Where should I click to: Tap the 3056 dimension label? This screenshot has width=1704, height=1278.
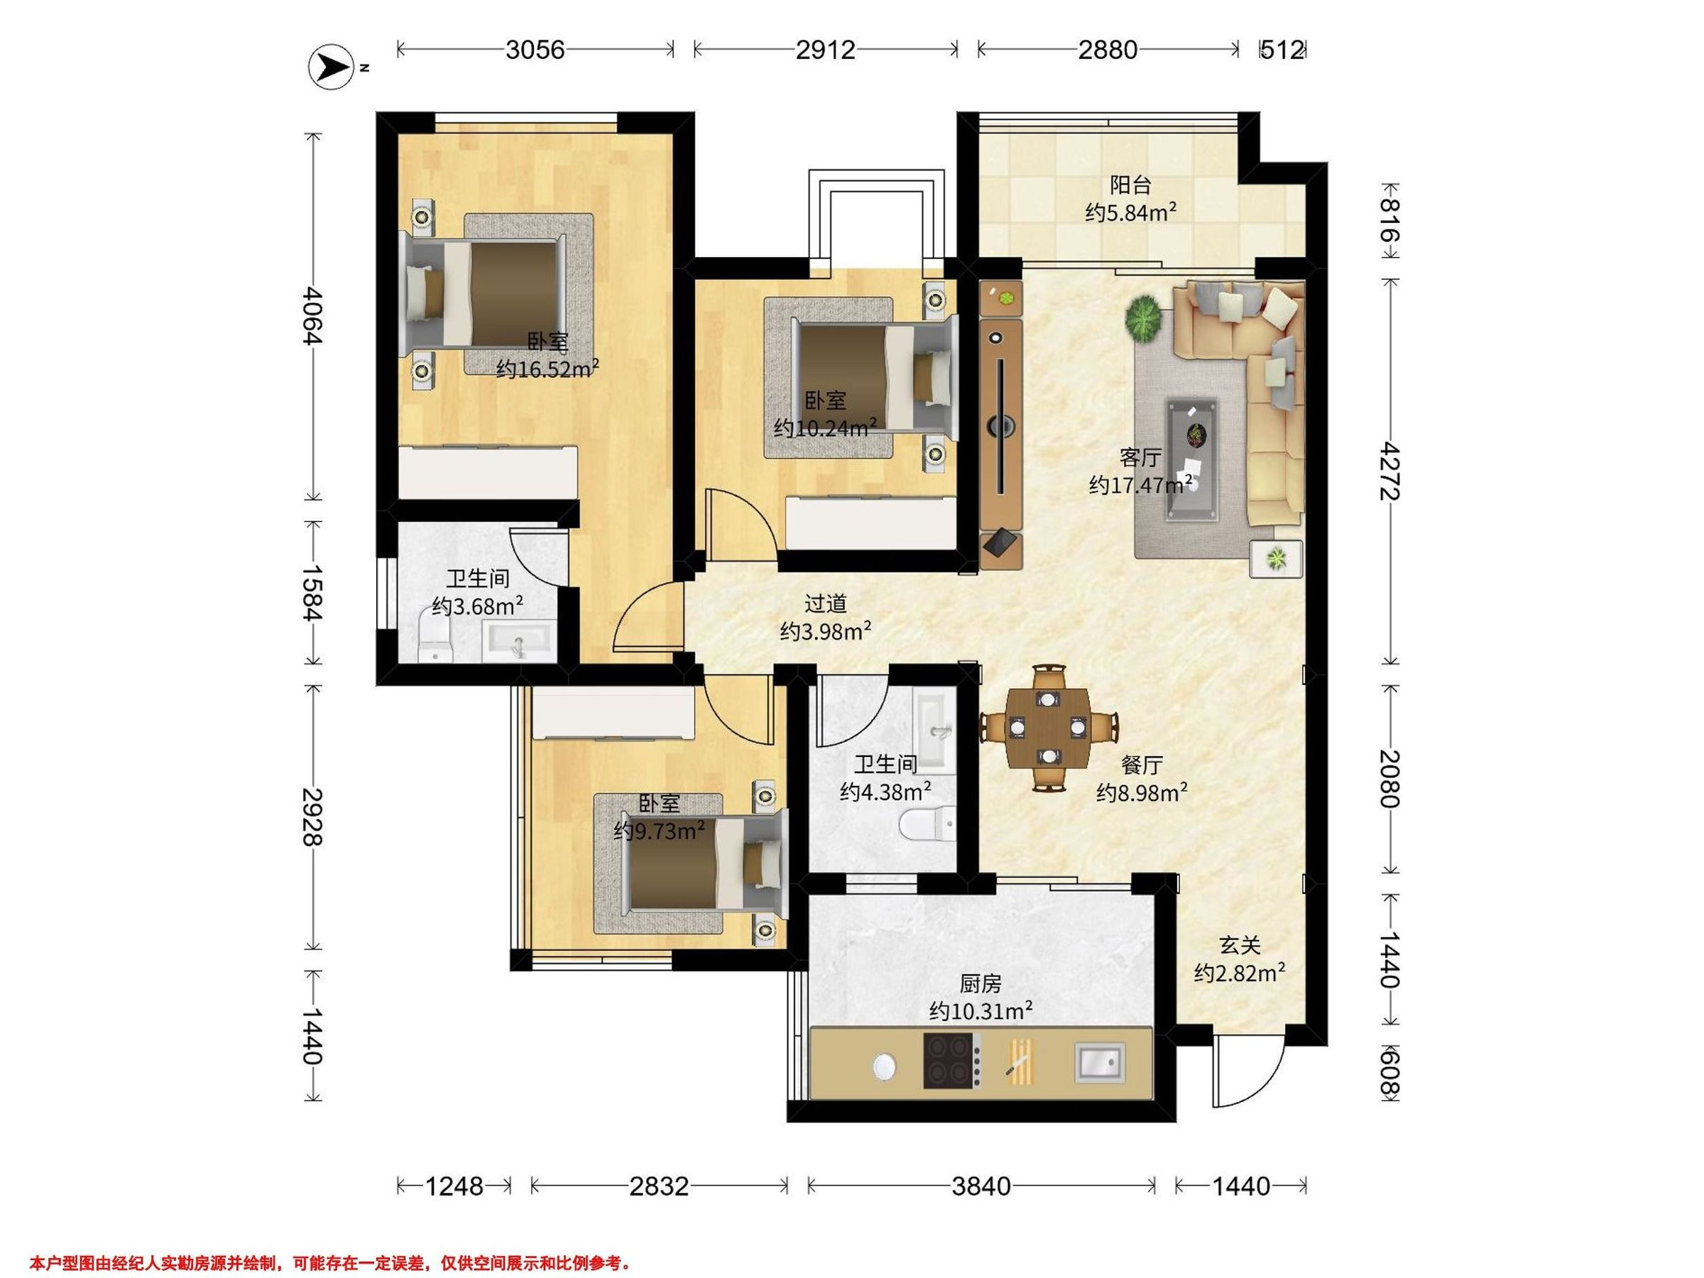pyautogui.click(x=535, y=50)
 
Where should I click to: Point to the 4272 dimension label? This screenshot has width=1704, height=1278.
pyautogui.click(x=1389, y=471)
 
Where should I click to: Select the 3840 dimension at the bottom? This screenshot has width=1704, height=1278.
pyautogui.click(x=981, y=1186)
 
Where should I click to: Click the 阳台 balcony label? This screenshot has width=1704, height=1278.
pyautogui.click(x=1130, y=185)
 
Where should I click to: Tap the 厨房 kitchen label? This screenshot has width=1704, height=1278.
pyautogui.click(x=980, y=984)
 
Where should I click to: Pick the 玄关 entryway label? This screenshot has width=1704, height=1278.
pyautogui.click(x=1240, y=944)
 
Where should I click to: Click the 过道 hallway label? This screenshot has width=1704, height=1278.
pyautogui.click(x=825, y=603)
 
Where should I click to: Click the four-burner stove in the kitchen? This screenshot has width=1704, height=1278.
pyautogui.click(x=953, y=1061)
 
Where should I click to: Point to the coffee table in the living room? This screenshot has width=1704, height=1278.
pyautogui.click(x=1191, y=460)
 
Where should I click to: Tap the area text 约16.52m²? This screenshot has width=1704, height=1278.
pyautogui.click(x=547, y=369)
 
